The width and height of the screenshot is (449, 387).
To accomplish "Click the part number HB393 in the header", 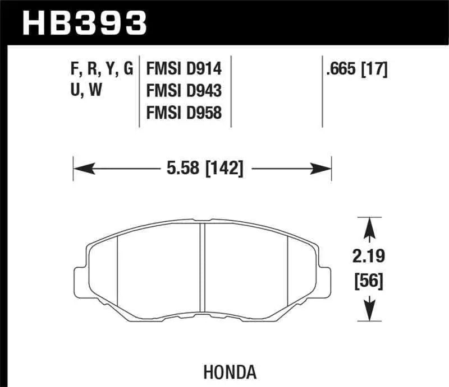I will [84, 24].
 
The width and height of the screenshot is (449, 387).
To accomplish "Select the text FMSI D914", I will [184, 69].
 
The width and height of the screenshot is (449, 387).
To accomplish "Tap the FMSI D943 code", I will [184, 91].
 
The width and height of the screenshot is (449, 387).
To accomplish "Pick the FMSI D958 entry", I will [184, 113].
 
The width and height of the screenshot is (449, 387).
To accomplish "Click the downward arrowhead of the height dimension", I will [369, 310].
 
